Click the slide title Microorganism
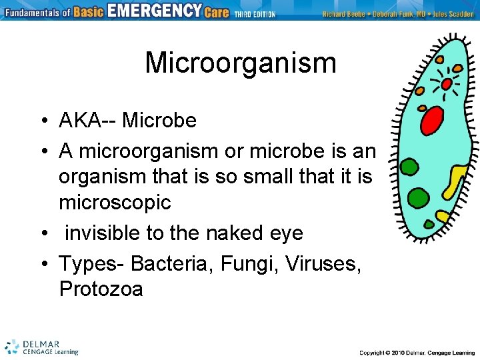point(240,63)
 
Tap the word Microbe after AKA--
point(159,121)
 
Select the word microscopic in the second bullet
point(115,202)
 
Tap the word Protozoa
point(101,289)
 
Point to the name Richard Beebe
point(343,14)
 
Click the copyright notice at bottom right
point(417,352)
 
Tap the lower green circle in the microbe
point(418,198)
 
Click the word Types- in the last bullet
point(92,264)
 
